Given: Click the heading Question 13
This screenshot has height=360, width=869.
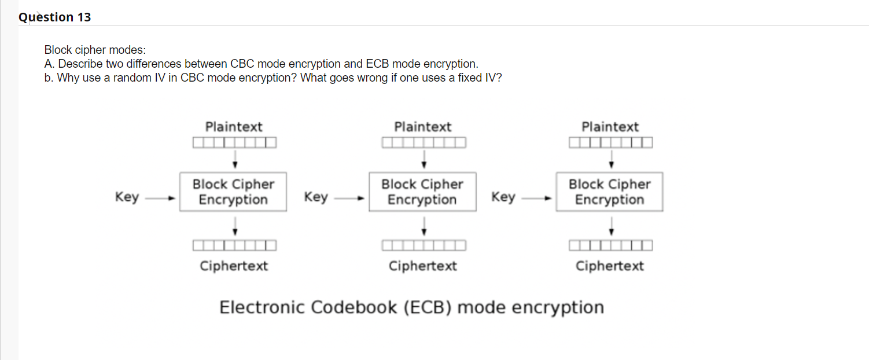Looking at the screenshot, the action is coord(55,17).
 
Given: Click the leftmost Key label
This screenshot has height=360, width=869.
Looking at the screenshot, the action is coord(127,197).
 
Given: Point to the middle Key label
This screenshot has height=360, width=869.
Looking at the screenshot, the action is coord(316,197).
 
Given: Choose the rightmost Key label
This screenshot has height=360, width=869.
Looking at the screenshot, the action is coord(503,197).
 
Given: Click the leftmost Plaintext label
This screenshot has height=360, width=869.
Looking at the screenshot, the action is coord(234,127).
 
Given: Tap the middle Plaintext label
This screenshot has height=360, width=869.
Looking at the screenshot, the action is coord(423,127).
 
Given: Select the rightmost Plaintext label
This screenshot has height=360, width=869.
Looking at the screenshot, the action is coord(610,127).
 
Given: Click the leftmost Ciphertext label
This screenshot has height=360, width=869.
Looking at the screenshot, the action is coord(234,266).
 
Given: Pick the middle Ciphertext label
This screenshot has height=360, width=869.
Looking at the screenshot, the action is coord(423,266).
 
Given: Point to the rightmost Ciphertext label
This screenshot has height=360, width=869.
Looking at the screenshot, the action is coord(610,266).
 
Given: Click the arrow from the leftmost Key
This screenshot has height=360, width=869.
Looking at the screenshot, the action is coord(160,199).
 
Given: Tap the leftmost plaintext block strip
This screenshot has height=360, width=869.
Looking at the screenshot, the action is coord(235,143).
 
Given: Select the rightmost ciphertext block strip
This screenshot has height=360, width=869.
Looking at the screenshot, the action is coord(611,245).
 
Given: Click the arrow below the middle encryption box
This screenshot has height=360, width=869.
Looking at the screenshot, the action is coord(424,226).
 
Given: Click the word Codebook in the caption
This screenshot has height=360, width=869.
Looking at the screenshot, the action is coord(354,307).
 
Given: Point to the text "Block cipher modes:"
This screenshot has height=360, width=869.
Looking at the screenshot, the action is coord(95,50).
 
